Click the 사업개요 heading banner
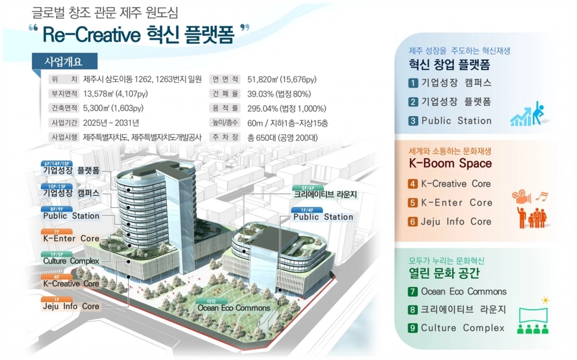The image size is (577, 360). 63,62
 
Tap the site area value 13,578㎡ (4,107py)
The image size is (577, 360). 115,93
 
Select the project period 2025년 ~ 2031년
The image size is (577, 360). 111,123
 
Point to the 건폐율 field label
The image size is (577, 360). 225,93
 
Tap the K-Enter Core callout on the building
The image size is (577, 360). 71,238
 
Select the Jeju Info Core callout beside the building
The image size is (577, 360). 71,306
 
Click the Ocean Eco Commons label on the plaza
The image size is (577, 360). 234,308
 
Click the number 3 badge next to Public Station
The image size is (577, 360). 413,121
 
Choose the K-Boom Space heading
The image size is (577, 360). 450,163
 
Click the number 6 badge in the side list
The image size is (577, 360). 413,222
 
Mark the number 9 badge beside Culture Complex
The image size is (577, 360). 413,328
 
